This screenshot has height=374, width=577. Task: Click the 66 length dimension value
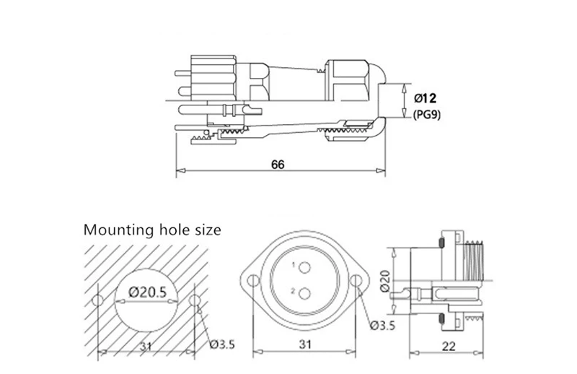(278, 164)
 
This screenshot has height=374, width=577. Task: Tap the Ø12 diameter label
(425, 98)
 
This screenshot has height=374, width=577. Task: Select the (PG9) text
(426, 115)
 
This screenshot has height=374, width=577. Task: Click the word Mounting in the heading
(118, 230)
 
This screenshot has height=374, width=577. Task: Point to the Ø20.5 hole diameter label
(147, 292)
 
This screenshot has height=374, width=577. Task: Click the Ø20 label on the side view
(384, 281)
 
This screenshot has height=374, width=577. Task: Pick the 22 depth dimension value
(448, 346)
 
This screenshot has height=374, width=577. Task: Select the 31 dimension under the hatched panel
(146, 347)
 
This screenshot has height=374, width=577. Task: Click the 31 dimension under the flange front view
(304, 344)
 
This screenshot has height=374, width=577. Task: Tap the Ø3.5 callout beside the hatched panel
(222, 344)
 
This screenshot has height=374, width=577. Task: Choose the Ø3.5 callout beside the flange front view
(383, 326)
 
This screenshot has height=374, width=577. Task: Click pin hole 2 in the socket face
(304, 294)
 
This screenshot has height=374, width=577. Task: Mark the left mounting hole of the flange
(254, 281)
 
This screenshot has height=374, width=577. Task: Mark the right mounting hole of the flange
(355, 281)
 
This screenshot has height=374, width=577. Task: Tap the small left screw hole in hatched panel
(97, 300)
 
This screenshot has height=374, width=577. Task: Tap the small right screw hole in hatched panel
(193, 300)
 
